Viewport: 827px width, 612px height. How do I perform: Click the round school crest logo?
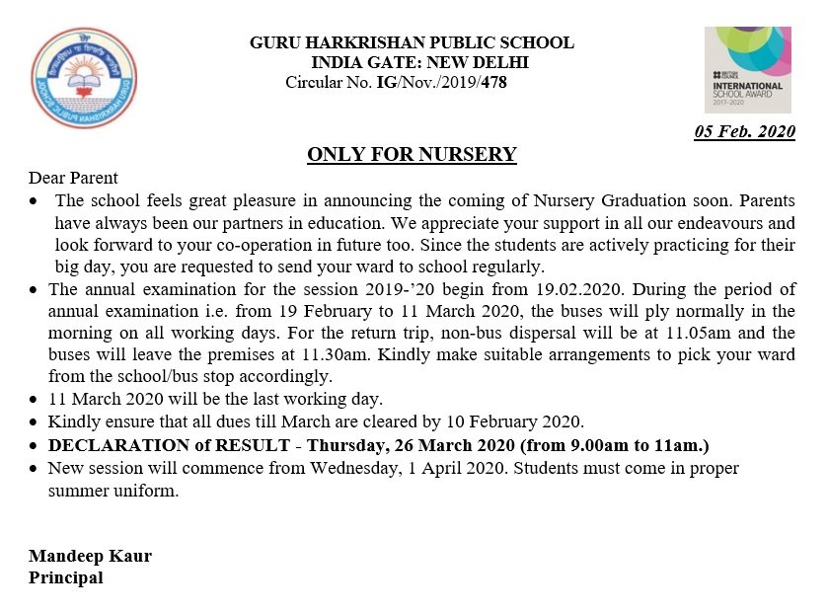(x=85, y=77)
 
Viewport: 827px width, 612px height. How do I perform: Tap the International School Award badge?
(x=747, y=70)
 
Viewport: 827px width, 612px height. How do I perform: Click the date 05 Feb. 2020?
(x=744, y=132)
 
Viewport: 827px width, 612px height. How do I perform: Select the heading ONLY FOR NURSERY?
(x=412, y=155)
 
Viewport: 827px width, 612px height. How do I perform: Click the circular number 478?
(x=494, y=81)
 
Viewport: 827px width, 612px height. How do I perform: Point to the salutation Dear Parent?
(x=73, y=179)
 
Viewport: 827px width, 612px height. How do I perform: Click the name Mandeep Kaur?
(x=90, y=556)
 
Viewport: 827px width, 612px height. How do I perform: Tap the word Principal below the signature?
(x=65, y=577)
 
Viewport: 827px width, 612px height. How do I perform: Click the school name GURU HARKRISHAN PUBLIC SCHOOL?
(x=412, y=43)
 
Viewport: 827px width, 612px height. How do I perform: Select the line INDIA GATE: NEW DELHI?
(x=419, y=62)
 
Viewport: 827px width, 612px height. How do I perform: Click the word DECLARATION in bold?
(x=109, y=445)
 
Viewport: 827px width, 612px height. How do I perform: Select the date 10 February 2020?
(x=518, y=422)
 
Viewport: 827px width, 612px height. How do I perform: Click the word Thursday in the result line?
(x=345, y=445)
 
